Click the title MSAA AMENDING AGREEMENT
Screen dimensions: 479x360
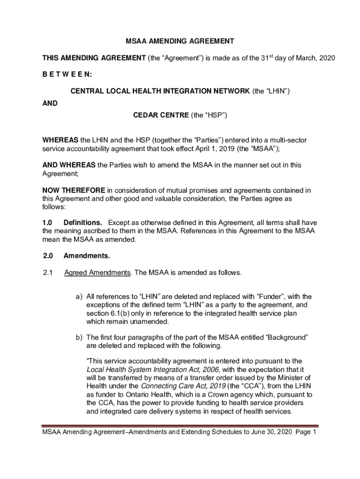pos(180,42)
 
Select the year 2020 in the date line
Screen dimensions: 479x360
pos(327,58)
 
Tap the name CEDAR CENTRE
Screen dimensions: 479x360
pos(161,115)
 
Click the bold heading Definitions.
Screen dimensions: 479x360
pos(83,223)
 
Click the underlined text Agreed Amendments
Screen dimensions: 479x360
pos(97,273)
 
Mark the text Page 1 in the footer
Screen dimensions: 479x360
pos(306,433)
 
